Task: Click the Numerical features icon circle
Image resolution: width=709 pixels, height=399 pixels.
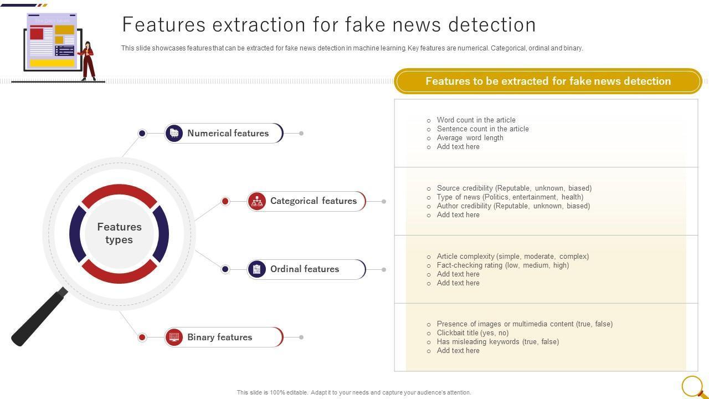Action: click(174, 134)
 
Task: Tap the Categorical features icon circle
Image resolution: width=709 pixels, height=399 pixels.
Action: click(257, 201)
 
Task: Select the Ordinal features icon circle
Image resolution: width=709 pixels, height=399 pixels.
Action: click(257, 269)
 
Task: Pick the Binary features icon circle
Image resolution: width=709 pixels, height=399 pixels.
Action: click(174, 337)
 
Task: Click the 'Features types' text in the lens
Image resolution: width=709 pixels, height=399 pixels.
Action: click(119, 233)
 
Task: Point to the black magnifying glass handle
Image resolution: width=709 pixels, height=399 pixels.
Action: click(39, 316)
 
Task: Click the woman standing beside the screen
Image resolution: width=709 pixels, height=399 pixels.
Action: click(88, 61)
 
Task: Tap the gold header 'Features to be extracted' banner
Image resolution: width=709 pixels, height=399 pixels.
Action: click(548, 81)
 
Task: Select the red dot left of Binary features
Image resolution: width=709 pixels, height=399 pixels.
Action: click(142, 337)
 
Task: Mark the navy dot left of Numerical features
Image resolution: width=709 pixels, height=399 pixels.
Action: click(142, 134)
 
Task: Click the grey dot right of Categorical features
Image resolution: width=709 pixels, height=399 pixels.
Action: click(384, 201)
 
